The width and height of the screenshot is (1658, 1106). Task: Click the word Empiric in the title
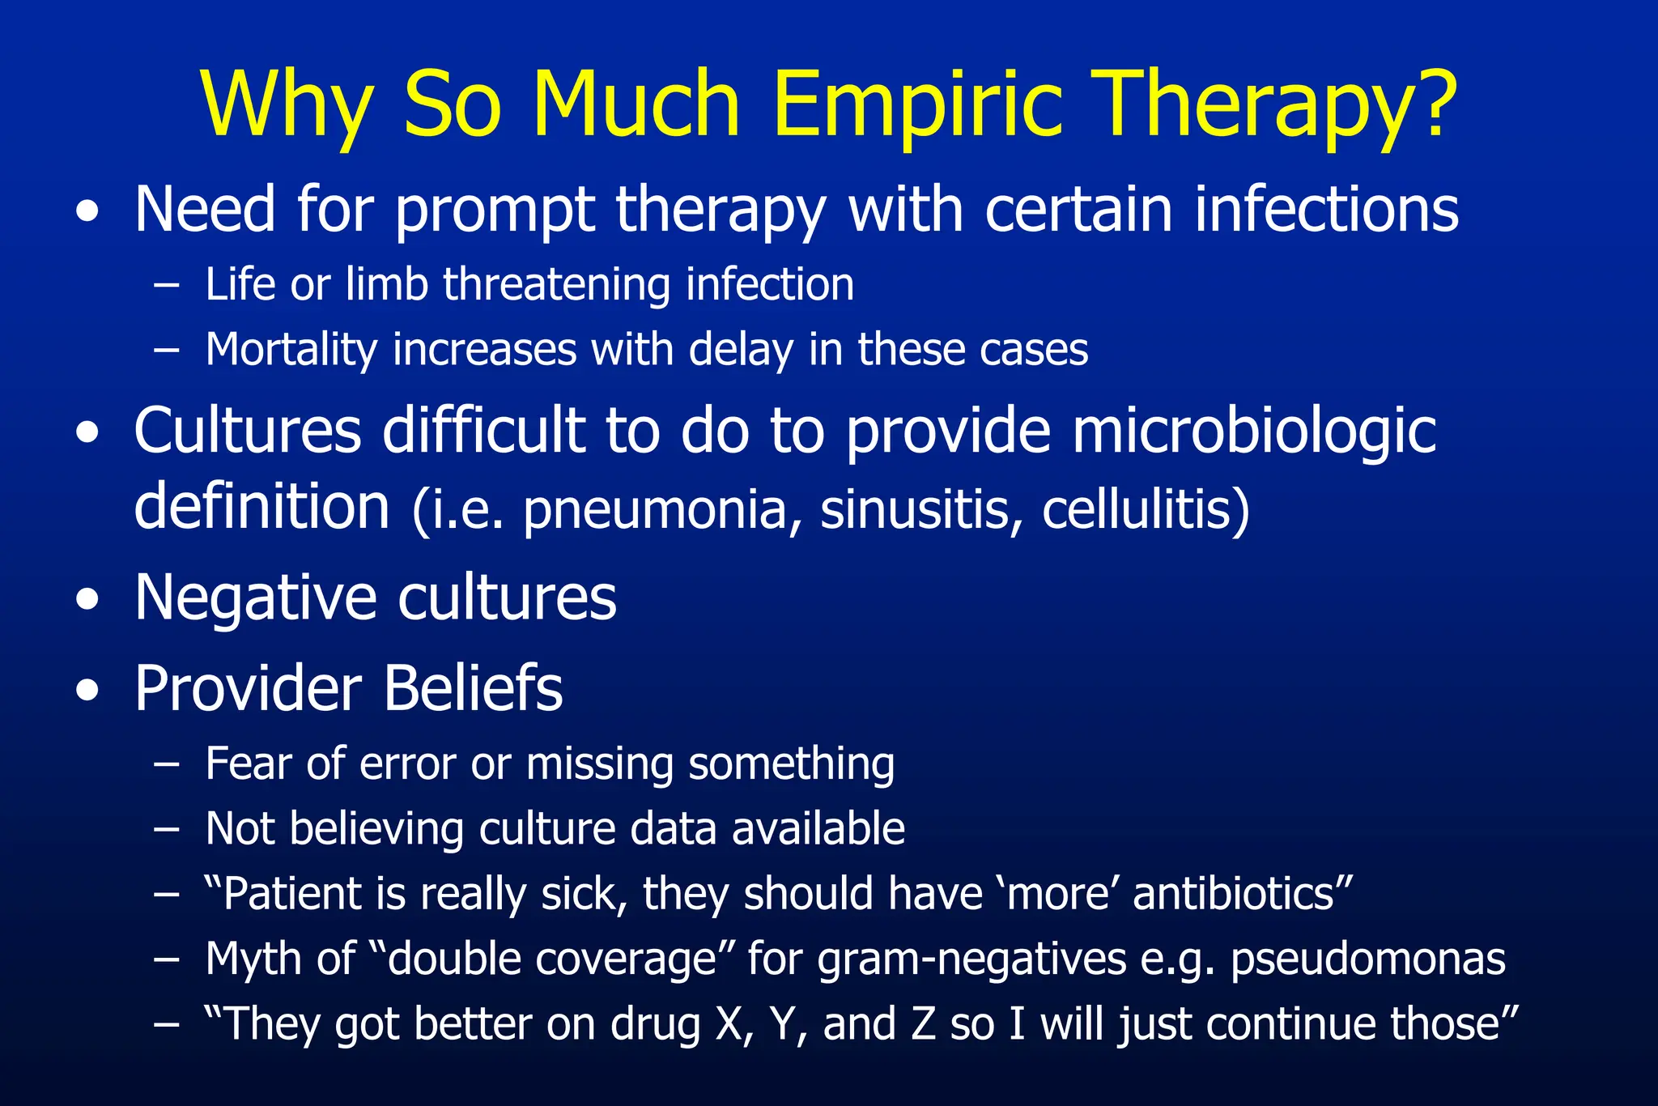[x=917, y=105]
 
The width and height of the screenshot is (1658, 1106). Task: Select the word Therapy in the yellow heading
[x=1250, y=105]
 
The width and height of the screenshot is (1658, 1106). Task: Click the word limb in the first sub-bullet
[x=386, y=285]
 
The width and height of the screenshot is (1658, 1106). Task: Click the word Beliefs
[x=473, y=689]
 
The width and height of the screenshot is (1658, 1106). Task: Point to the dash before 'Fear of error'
[x=166, y=765]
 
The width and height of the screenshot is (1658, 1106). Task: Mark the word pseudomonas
[x=1367, y=960]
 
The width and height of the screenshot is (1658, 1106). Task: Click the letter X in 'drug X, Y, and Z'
[x=729, y=1024]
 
